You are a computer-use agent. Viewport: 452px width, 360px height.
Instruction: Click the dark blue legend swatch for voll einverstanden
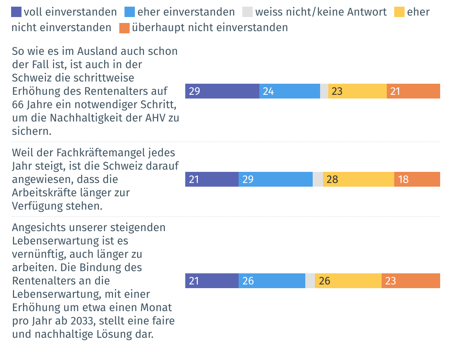(17, 12)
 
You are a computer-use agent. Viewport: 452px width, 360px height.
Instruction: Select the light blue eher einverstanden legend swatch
(131, 12)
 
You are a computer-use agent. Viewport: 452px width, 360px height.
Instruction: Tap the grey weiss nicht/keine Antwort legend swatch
(247, 12)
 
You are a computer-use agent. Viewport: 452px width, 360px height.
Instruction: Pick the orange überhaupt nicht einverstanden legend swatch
(124, 28)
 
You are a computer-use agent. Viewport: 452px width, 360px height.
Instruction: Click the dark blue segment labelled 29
(222, 91)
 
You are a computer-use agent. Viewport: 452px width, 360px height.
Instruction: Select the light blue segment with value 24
(290, 91)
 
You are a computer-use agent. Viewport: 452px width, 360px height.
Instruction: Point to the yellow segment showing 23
(358, 91)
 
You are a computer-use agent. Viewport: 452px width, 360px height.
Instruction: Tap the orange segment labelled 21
(413, 91)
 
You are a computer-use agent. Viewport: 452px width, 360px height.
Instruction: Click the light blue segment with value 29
(276, 179)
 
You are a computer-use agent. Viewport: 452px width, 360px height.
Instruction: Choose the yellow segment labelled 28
(359, 179)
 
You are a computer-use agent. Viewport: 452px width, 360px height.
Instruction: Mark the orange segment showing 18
(417, 179)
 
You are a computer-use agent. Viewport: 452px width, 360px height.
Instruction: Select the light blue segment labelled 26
(272, 281)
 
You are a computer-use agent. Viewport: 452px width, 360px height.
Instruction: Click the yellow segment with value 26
(348, 281)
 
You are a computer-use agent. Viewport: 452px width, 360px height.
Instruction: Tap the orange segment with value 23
(411, 281)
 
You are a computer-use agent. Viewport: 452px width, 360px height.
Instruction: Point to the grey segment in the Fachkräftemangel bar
(318, 179)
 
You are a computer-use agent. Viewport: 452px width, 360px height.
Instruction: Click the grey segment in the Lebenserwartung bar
(310, 281)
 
